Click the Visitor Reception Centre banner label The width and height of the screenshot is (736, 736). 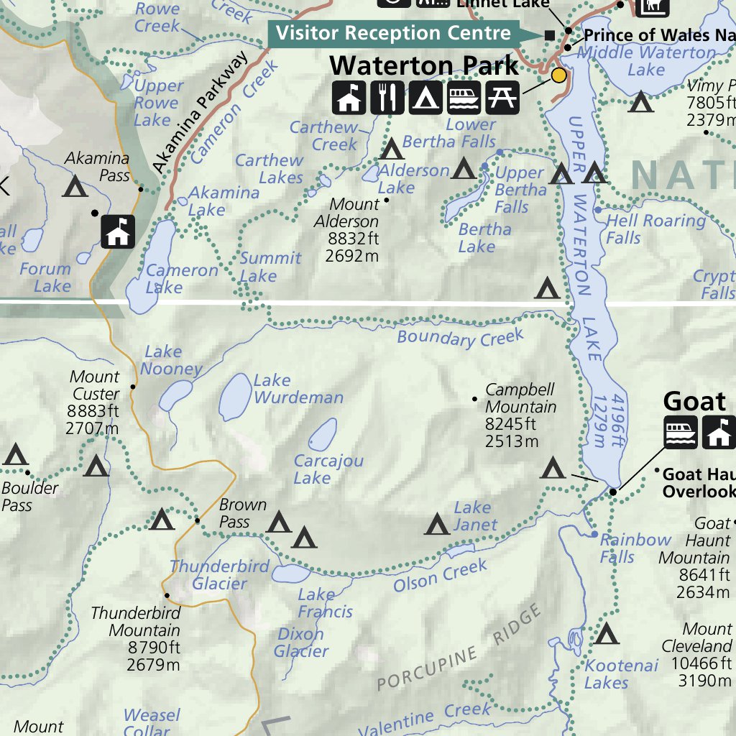pyautogui.click(x=393, y=33)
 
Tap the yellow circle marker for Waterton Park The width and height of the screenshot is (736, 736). pyautogui.click(x=558, y=75)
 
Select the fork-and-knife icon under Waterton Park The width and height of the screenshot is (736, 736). pyautogui.click(x=387, y=98)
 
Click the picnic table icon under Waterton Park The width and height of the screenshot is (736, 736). pyautogui.click(x=502, y=98)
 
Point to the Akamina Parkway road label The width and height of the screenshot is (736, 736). pyautogui.click(x=200, y=113)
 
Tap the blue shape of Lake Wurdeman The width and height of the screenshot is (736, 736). pyautogui.click(x=234, y=396)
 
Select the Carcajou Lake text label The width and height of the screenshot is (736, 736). pyautogui.click(x=328, y=469)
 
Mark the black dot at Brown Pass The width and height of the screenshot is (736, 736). pyautogui.click(x=197, y=520)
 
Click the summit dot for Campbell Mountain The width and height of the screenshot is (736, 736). pyautogui.click(x=474, y=399)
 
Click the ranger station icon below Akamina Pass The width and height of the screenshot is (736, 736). pyautogui.click(x=118, y=231)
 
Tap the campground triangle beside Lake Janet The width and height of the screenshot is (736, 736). pyautogui.click(x=437, y=525)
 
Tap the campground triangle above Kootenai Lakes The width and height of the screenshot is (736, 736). pyautogui.click(x=607, y=634)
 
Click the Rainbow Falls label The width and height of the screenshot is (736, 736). pyautogui.click(x=635, y=548)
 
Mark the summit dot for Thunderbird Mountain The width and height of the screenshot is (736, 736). pyautogui.click(x=167, y=595)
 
